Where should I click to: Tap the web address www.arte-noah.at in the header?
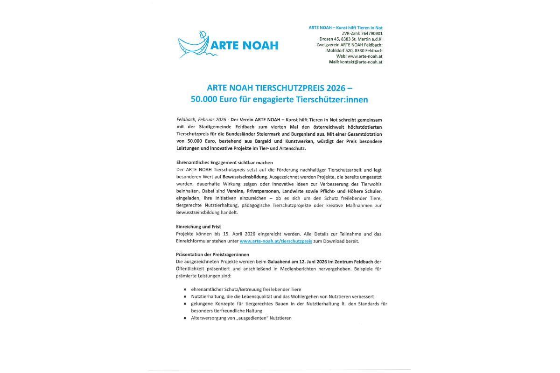[365, 56]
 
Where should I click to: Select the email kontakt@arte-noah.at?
[361, 62]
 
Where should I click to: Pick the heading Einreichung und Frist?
[199, 227]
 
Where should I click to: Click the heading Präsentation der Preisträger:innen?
[212, 255]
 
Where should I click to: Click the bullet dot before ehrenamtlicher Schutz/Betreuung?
[185, 289]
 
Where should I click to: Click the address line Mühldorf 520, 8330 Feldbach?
[354, 50]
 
